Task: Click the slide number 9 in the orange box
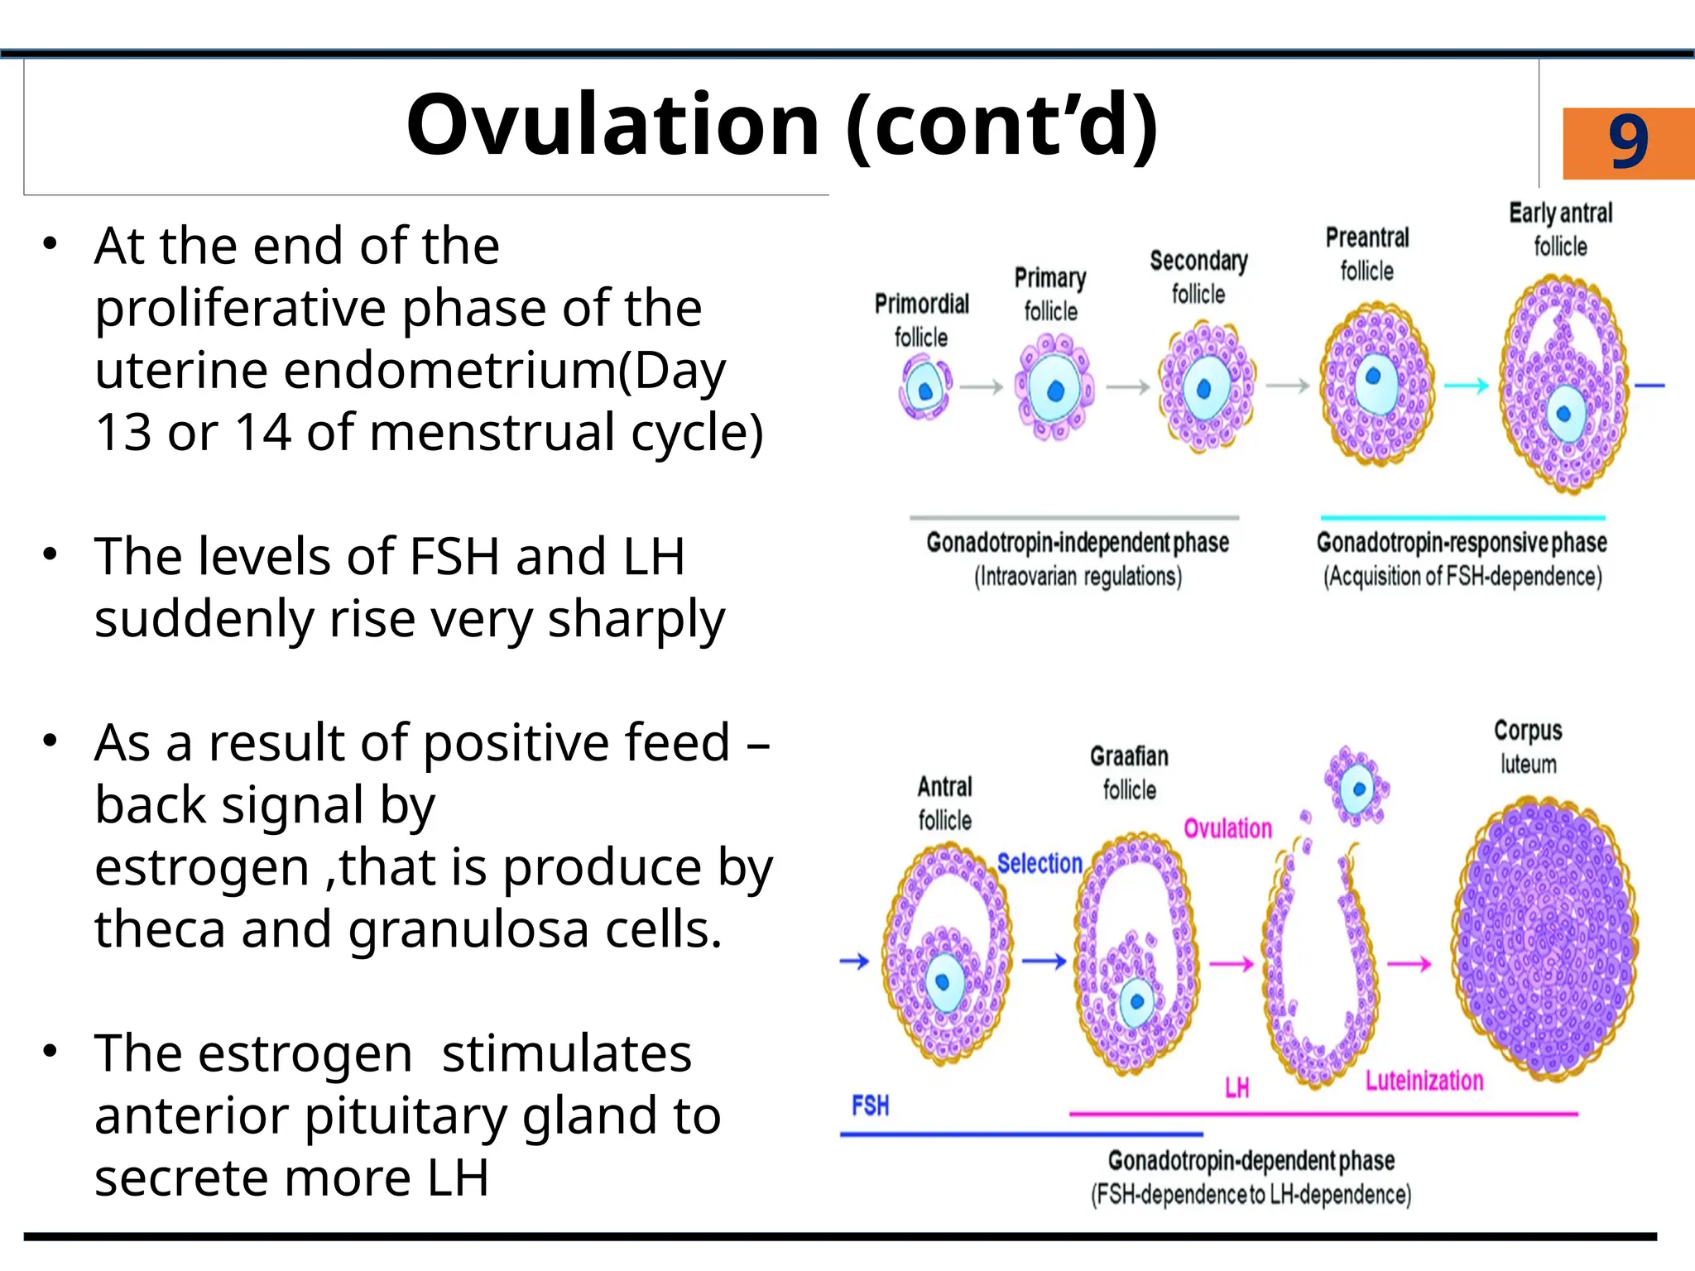1627,142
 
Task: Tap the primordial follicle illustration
924,387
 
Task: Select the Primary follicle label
1050,294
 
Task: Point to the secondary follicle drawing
1205,387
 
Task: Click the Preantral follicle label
1367,254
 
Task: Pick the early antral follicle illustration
1563,386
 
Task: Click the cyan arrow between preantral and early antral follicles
1466,386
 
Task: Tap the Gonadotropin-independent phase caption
1077,543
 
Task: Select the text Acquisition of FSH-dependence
1462,577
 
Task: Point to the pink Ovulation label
1227,828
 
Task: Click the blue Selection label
1040,863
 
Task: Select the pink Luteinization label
1424,1081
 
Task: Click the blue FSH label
870,1106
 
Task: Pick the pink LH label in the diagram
1236,1088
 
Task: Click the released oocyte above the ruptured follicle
1356,787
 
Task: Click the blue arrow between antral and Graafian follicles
1044,962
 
